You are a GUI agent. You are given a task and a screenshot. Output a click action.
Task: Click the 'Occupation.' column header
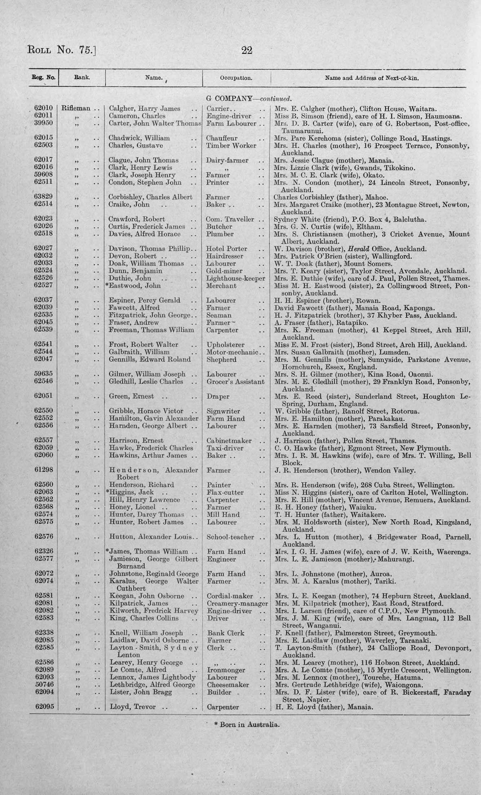tap(236, 78)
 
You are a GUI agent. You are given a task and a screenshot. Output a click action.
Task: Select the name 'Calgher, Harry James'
tap(144, 109)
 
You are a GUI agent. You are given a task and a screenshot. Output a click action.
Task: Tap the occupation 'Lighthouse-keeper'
tap(236, 278)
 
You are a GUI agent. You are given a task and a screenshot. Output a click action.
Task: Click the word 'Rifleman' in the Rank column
tap(76, 108)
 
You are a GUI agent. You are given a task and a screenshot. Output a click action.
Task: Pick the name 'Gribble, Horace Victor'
tap(146, 411)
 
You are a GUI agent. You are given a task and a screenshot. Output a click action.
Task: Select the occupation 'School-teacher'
tap(231, 537)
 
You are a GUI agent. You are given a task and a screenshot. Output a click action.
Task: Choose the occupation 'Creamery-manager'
tap(237, 603)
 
